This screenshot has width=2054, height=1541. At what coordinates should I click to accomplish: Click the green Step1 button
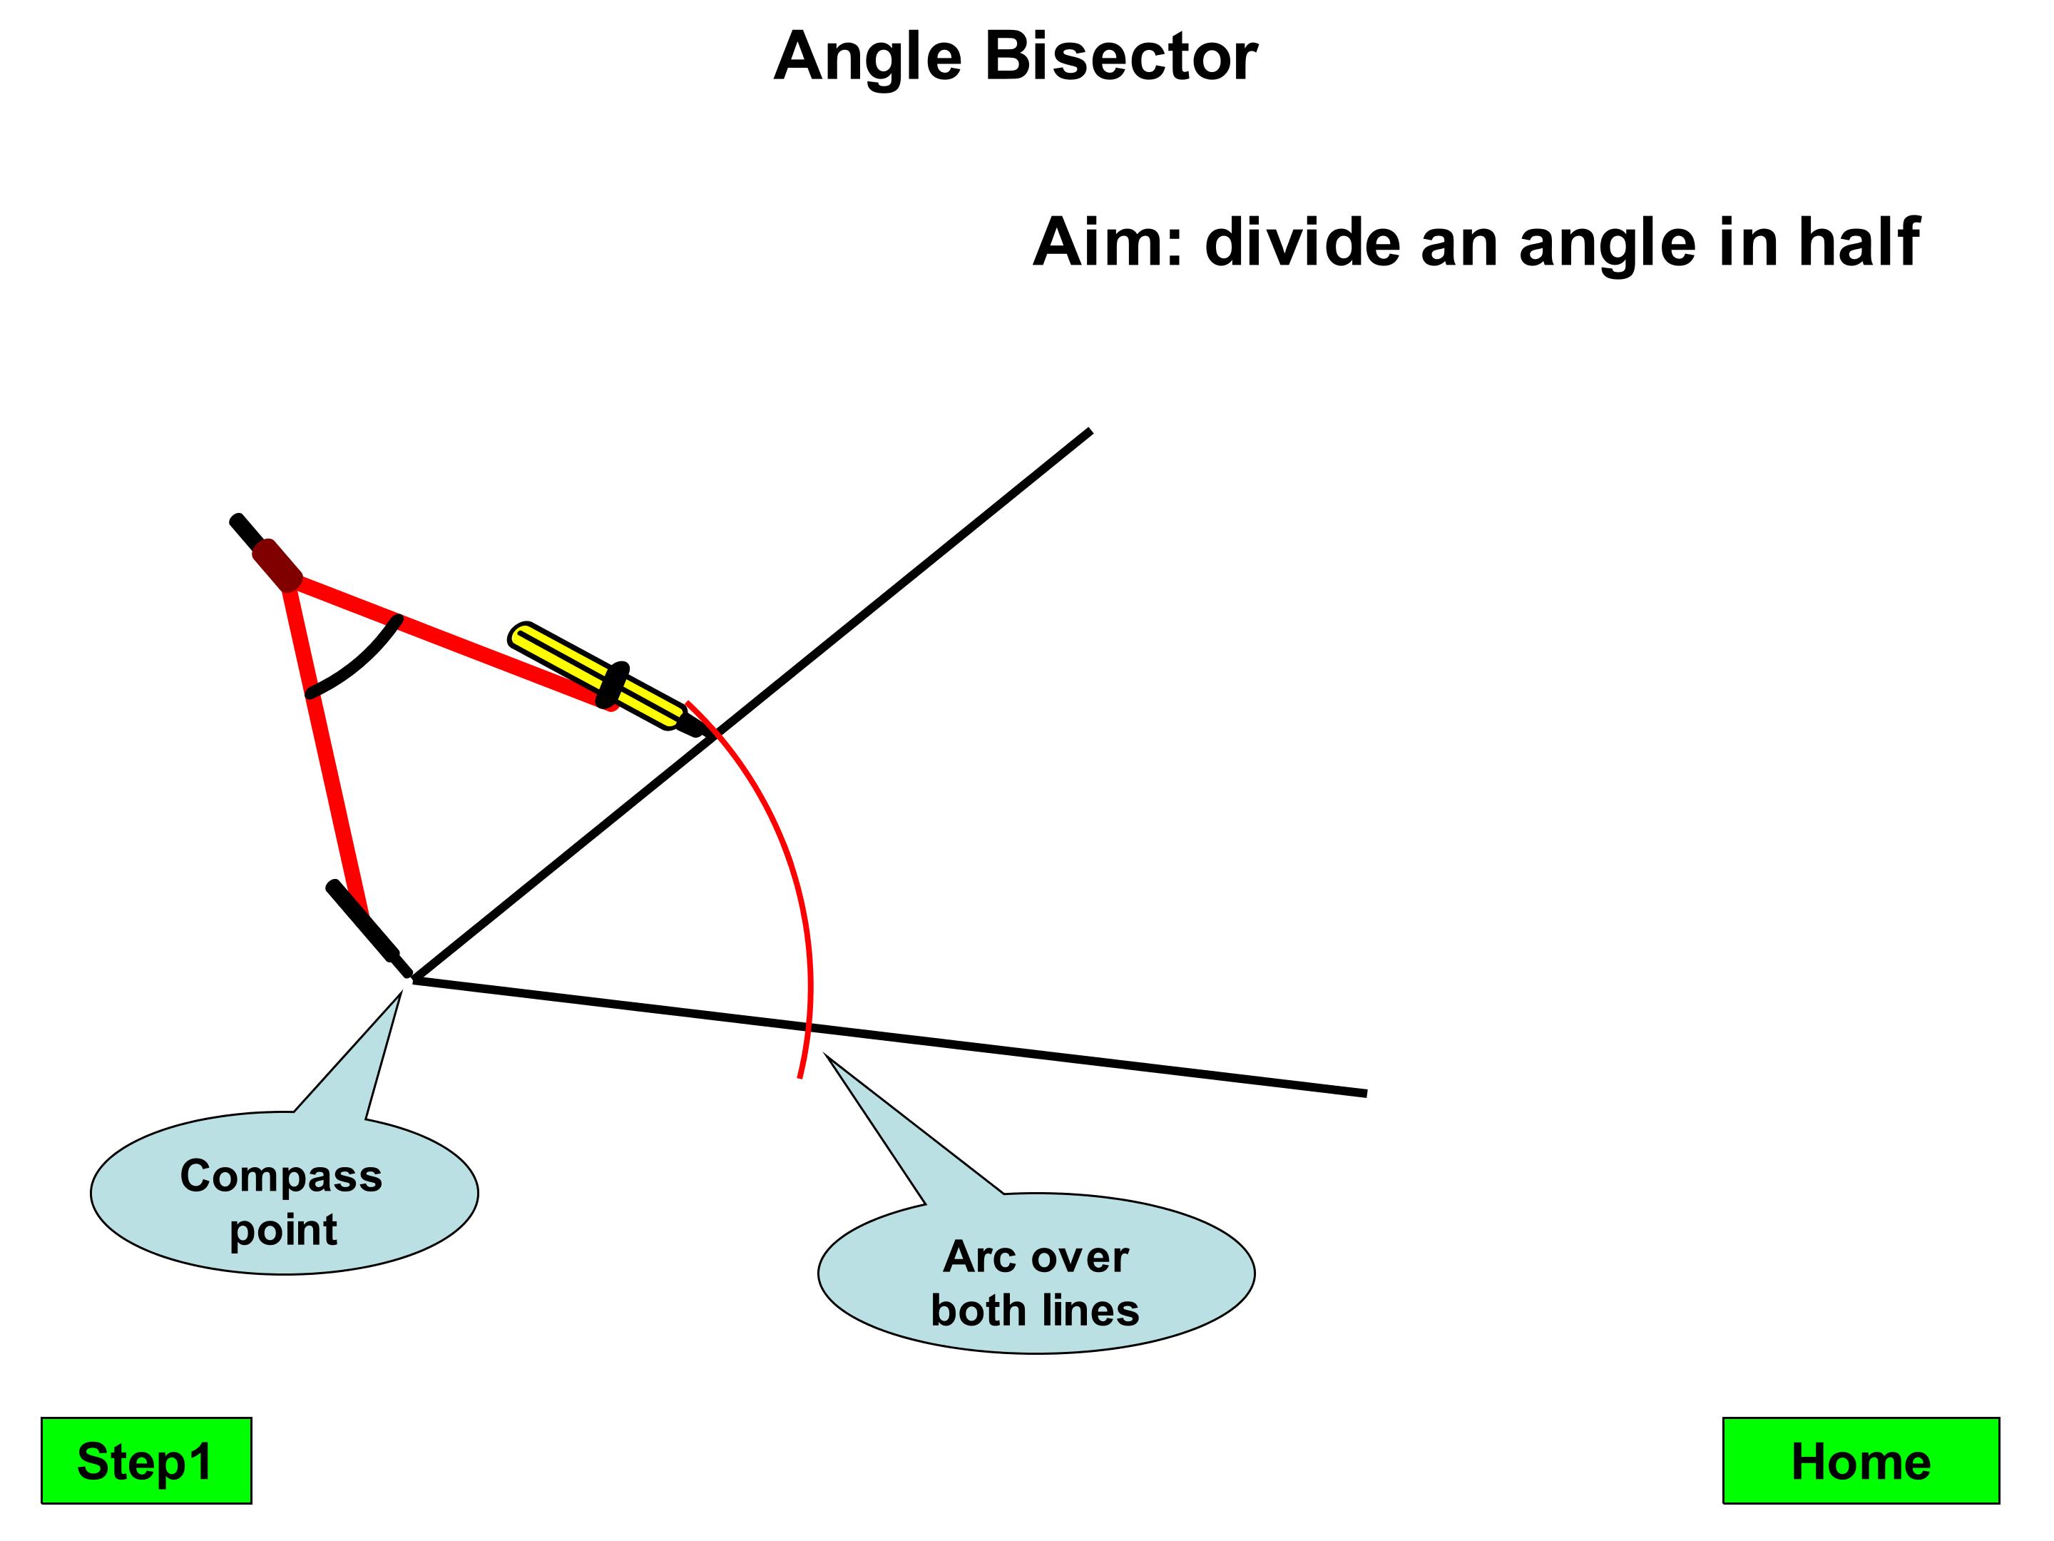click(145, 1461)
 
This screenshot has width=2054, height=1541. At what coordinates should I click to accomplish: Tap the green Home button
click(1860, 1461)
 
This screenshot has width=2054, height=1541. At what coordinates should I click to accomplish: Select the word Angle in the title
click(867, 59)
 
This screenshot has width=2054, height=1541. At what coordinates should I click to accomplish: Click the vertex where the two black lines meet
click(415, 979)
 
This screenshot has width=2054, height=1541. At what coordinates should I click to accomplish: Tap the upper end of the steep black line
click(1088, 432)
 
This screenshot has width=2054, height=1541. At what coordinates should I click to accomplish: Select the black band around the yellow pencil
click(613, 685)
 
